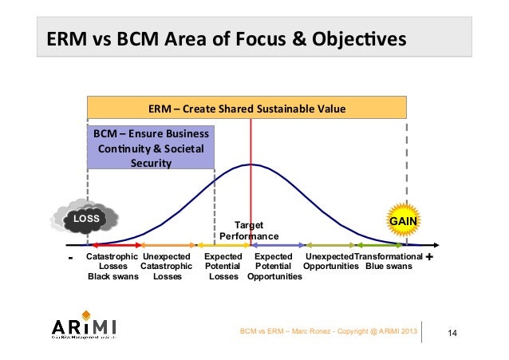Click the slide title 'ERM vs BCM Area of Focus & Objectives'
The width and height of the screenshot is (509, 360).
[x=224, y=39]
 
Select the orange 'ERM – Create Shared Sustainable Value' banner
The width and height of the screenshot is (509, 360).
[x=247, y=108]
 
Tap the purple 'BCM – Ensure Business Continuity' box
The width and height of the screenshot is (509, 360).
[x=150, y=147]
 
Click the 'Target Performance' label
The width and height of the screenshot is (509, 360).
[x=249, y=231]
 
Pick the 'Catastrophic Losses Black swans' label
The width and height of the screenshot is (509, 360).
[x=112, y=267]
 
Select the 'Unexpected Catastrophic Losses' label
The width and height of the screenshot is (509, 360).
[x=166, y=267]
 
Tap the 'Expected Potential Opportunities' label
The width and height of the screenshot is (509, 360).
[x=274, y=267]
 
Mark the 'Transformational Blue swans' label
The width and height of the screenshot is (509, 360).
[x=389, y=261]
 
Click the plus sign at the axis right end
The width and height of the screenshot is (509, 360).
[x=430, y=258]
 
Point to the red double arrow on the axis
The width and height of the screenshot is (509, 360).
[x=115, y=245]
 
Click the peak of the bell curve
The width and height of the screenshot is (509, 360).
[x=251, y=164]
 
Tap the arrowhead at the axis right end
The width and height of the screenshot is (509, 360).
[x=436, y=245]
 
